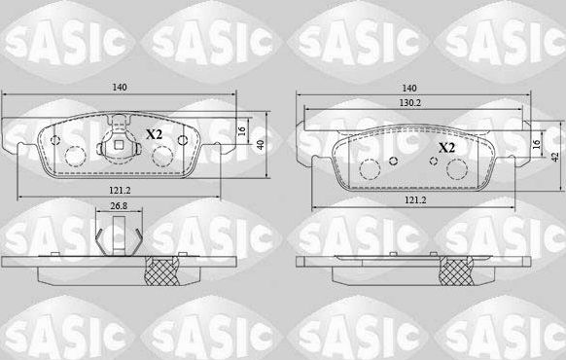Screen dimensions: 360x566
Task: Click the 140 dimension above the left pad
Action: coord(120,89)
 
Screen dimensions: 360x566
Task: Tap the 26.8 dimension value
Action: coord(117,206)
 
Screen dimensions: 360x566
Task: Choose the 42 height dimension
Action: coord(554,156)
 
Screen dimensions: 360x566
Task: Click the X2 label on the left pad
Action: coord(154,134)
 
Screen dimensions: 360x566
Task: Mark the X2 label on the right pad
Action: coord(446,147)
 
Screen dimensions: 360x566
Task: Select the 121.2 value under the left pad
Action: coord(120,191)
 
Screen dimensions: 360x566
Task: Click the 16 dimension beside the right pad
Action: coord(536,144)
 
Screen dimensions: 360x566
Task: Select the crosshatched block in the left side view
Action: coord(159,273)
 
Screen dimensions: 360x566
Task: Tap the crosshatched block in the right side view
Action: coord(455,273)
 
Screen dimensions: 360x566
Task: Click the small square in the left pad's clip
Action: coord(118,147)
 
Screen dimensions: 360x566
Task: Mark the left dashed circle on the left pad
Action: coord(74,154)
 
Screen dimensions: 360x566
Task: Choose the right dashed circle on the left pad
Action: coord(164,154)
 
